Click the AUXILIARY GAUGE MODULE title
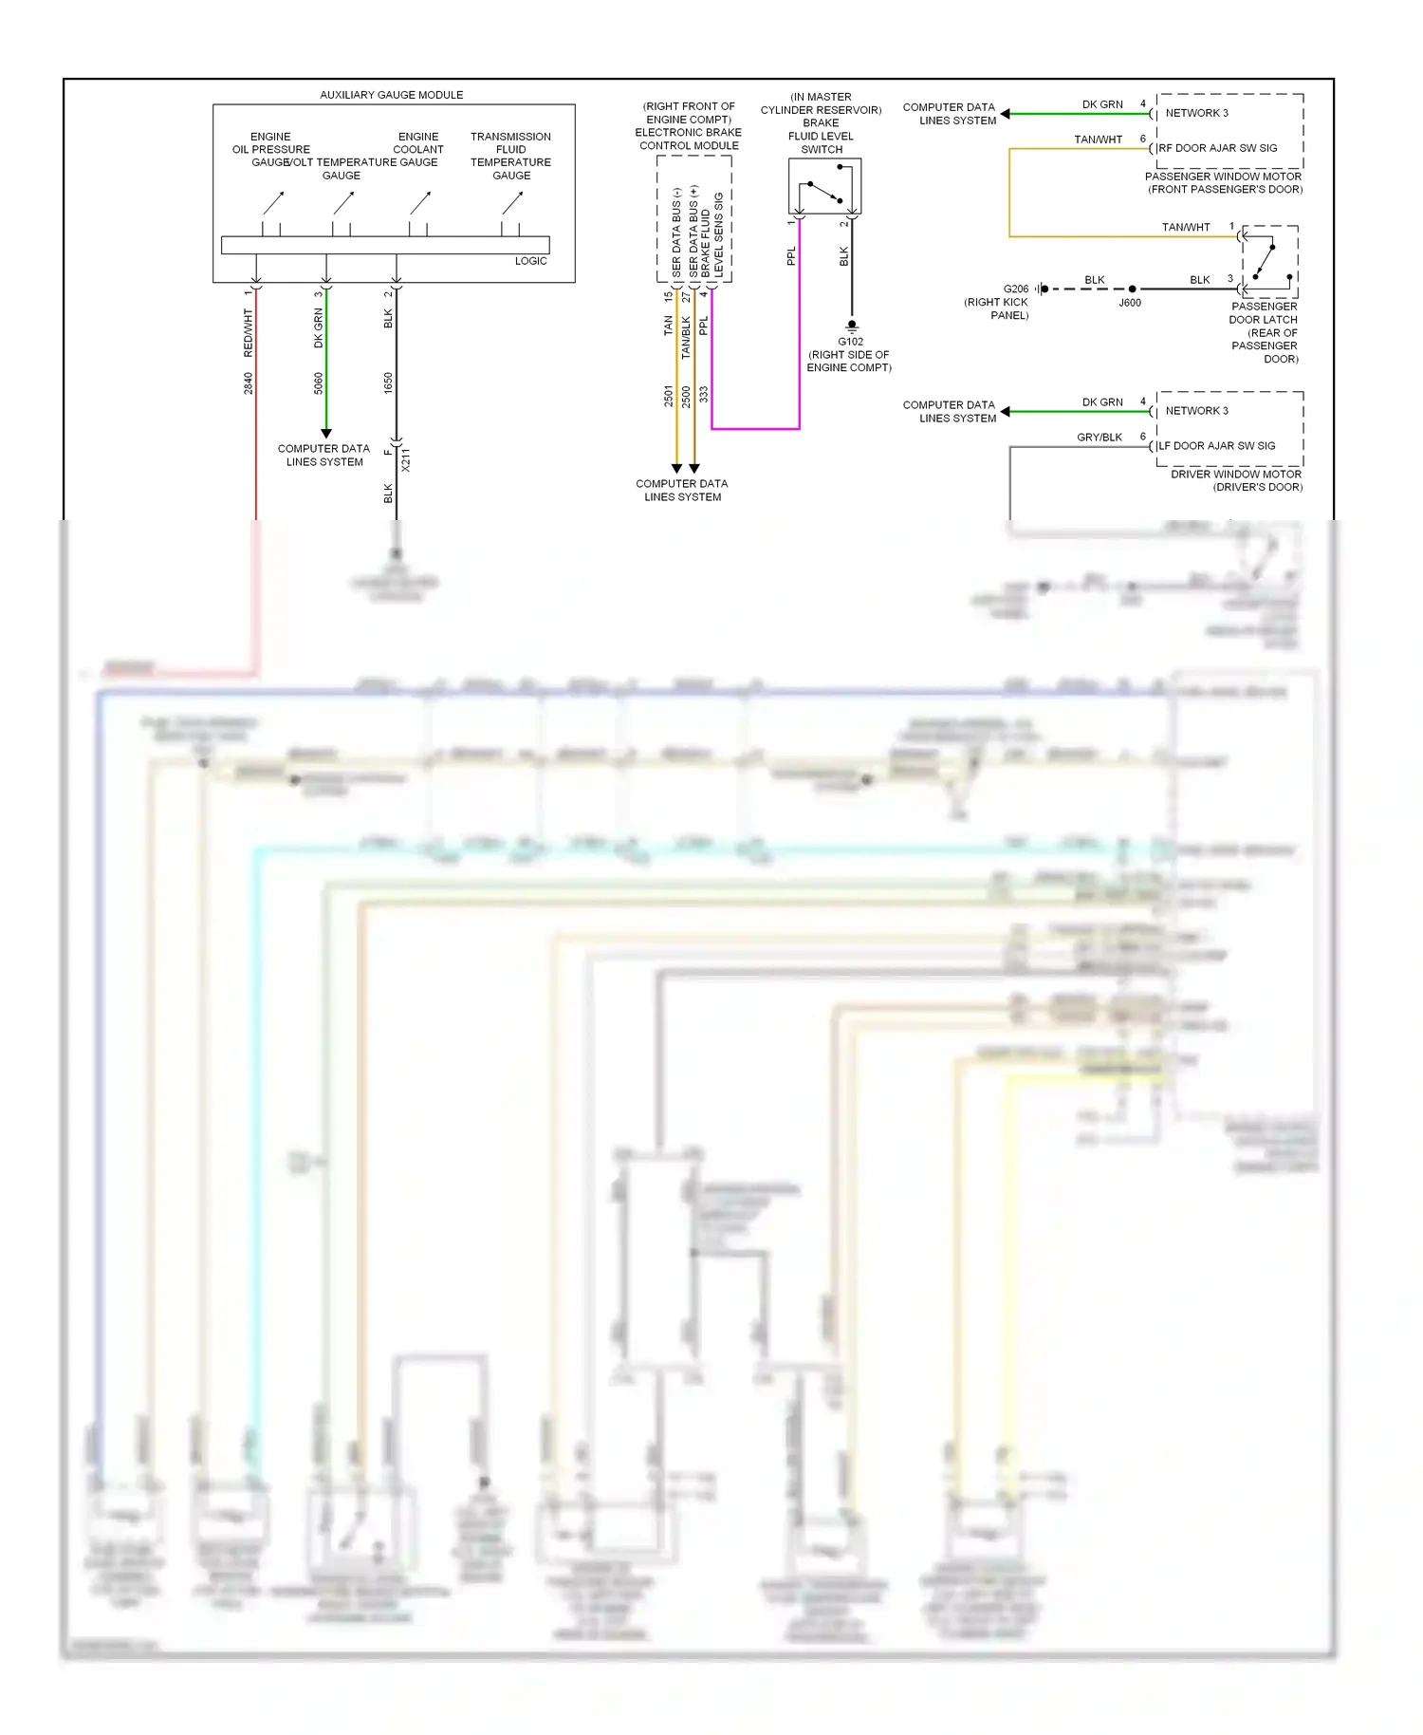point(391,95)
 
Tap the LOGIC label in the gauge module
point(530,261)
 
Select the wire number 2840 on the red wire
point(249,383)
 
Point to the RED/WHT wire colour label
point(249,333)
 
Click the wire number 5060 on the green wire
point(319,383)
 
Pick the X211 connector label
point(406,459)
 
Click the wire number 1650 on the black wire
point(388,383)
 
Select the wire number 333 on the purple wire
point(704,394)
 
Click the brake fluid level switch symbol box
point(824,186)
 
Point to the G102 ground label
point(850,342)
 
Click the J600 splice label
point(1129,303)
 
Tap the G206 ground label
point(1015,289)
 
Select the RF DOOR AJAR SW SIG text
point(1218,148)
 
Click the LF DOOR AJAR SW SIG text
point(1217,446)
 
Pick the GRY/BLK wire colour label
point(1099,438)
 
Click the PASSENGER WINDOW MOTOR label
point(1223,177)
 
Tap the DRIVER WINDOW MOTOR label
point(1235,475)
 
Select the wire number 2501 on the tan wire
point(669,396)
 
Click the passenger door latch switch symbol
point(1269,261)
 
